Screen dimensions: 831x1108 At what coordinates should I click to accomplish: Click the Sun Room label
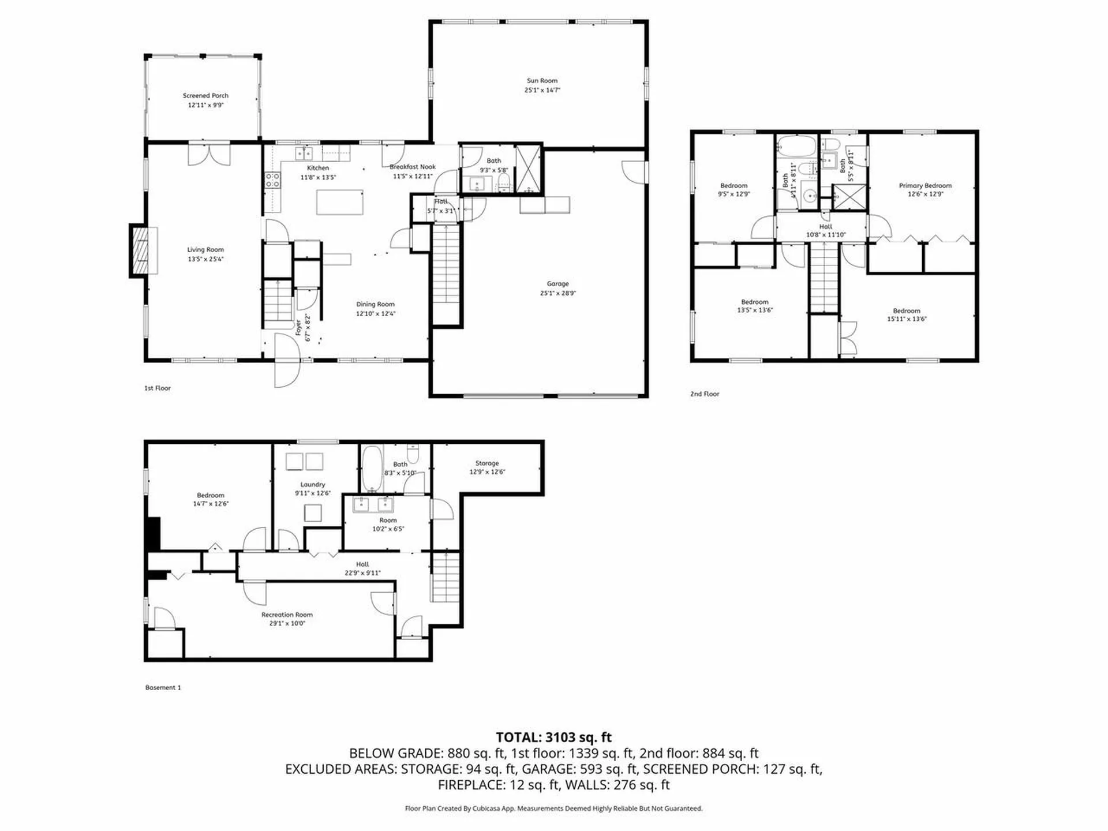tap(541, 81)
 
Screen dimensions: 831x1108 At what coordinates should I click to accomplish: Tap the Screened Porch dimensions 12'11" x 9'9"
tap(205, 105)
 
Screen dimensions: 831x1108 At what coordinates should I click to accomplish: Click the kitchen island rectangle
tap(339, 202)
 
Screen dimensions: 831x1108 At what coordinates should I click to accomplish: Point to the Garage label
tap(557, 283)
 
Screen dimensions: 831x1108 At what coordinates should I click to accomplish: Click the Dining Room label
tap(375, 304)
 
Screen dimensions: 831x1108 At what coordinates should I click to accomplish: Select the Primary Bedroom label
tap(925, 185)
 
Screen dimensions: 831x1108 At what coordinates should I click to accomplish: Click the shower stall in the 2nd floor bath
tap(849, 196)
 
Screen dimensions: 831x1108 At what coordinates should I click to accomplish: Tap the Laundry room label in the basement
tap(312, 485)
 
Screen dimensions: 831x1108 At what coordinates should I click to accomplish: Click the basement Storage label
tap(486, 463)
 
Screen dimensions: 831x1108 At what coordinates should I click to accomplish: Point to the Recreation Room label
tap(287, 615)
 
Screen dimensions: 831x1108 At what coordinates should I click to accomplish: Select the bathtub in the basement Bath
tap(372, 469)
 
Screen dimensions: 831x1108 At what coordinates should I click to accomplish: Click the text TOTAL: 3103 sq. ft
tap(553, 737)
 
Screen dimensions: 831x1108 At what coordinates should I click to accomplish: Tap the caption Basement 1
tap(163, 687)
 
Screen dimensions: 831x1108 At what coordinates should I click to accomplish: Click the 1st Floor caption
tap(158, 388)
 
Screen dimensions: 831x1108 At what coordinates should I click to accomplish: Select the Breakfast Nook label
tap(413, 167)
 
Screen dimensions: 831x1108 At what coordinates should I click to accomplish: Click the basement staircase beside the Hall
tap(446, 577)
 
